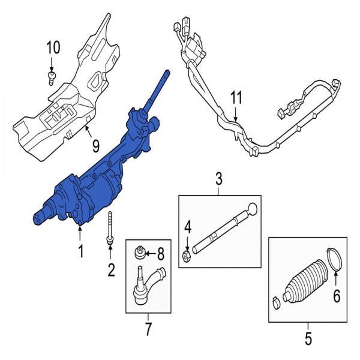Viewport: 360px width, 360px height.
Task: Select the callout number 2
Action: point(111,271)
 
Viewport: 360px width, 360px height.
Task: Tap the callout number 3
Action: point(218,179)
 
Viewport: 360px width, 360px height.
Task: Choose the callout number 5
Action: point(308,340)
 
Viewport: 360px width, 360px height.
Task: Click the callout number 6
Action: point(337,295)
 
